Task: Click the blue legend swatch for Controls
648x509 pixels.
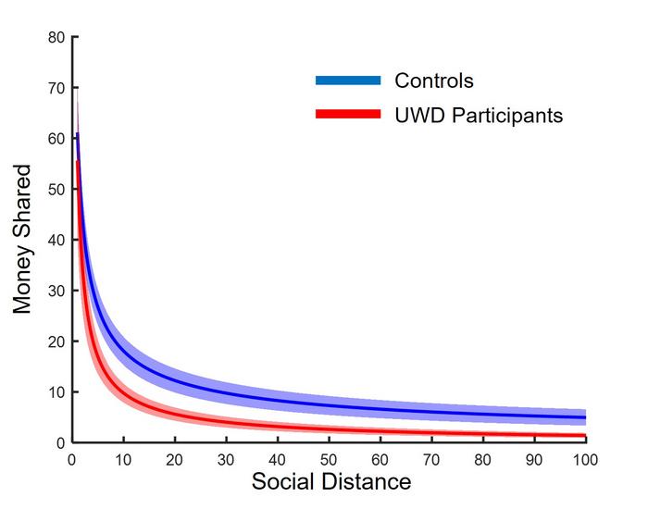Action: [x=348, y=81]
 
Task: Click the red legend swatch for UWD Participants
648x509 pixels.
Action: [x=348, y=115]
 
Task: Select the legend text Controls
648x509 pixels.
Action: [x=434, y=81]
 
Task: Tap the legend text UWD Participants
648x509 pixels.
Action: [x=479, y=115]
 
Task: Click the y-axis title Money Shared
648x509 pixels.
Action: [x=23, y=240]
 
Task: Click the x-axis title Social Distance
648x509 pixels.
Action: [x=330, y=482]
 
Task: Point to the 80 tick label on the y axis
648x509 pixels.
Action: [x=56, y=38]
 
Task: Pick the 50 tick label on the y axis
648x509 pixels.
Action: [x=56, y=190]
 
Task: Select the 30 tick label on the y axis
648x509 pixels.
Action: [x=56, y=291]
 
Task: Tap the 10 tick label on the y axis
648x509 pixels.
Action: [x=56, y=392]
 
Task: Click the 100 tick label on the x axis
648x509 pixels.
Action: [x=585, y=459]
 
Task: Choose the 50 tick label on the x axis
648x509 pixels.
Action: [x=329, y=459]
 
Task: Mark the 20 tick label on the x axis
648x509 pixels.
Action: [x=175, y=459]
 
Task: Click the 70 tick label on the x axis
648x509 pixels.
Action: [x=431, y=459]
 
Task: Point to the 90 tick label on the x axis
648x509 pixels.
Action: [x=534, y=459]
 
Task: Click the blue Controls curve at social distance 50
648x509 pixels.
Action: [x=329, y=404]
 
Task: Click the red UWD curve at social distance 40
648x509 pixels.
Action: [x=278, y=428]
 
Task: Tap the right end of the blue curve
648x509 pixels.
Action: [x=584, y=417]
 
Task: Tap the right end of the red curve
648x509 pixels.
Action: [x=584, y=435]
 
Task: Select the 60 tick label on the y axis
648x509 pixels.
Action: [x=56, y=139]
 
